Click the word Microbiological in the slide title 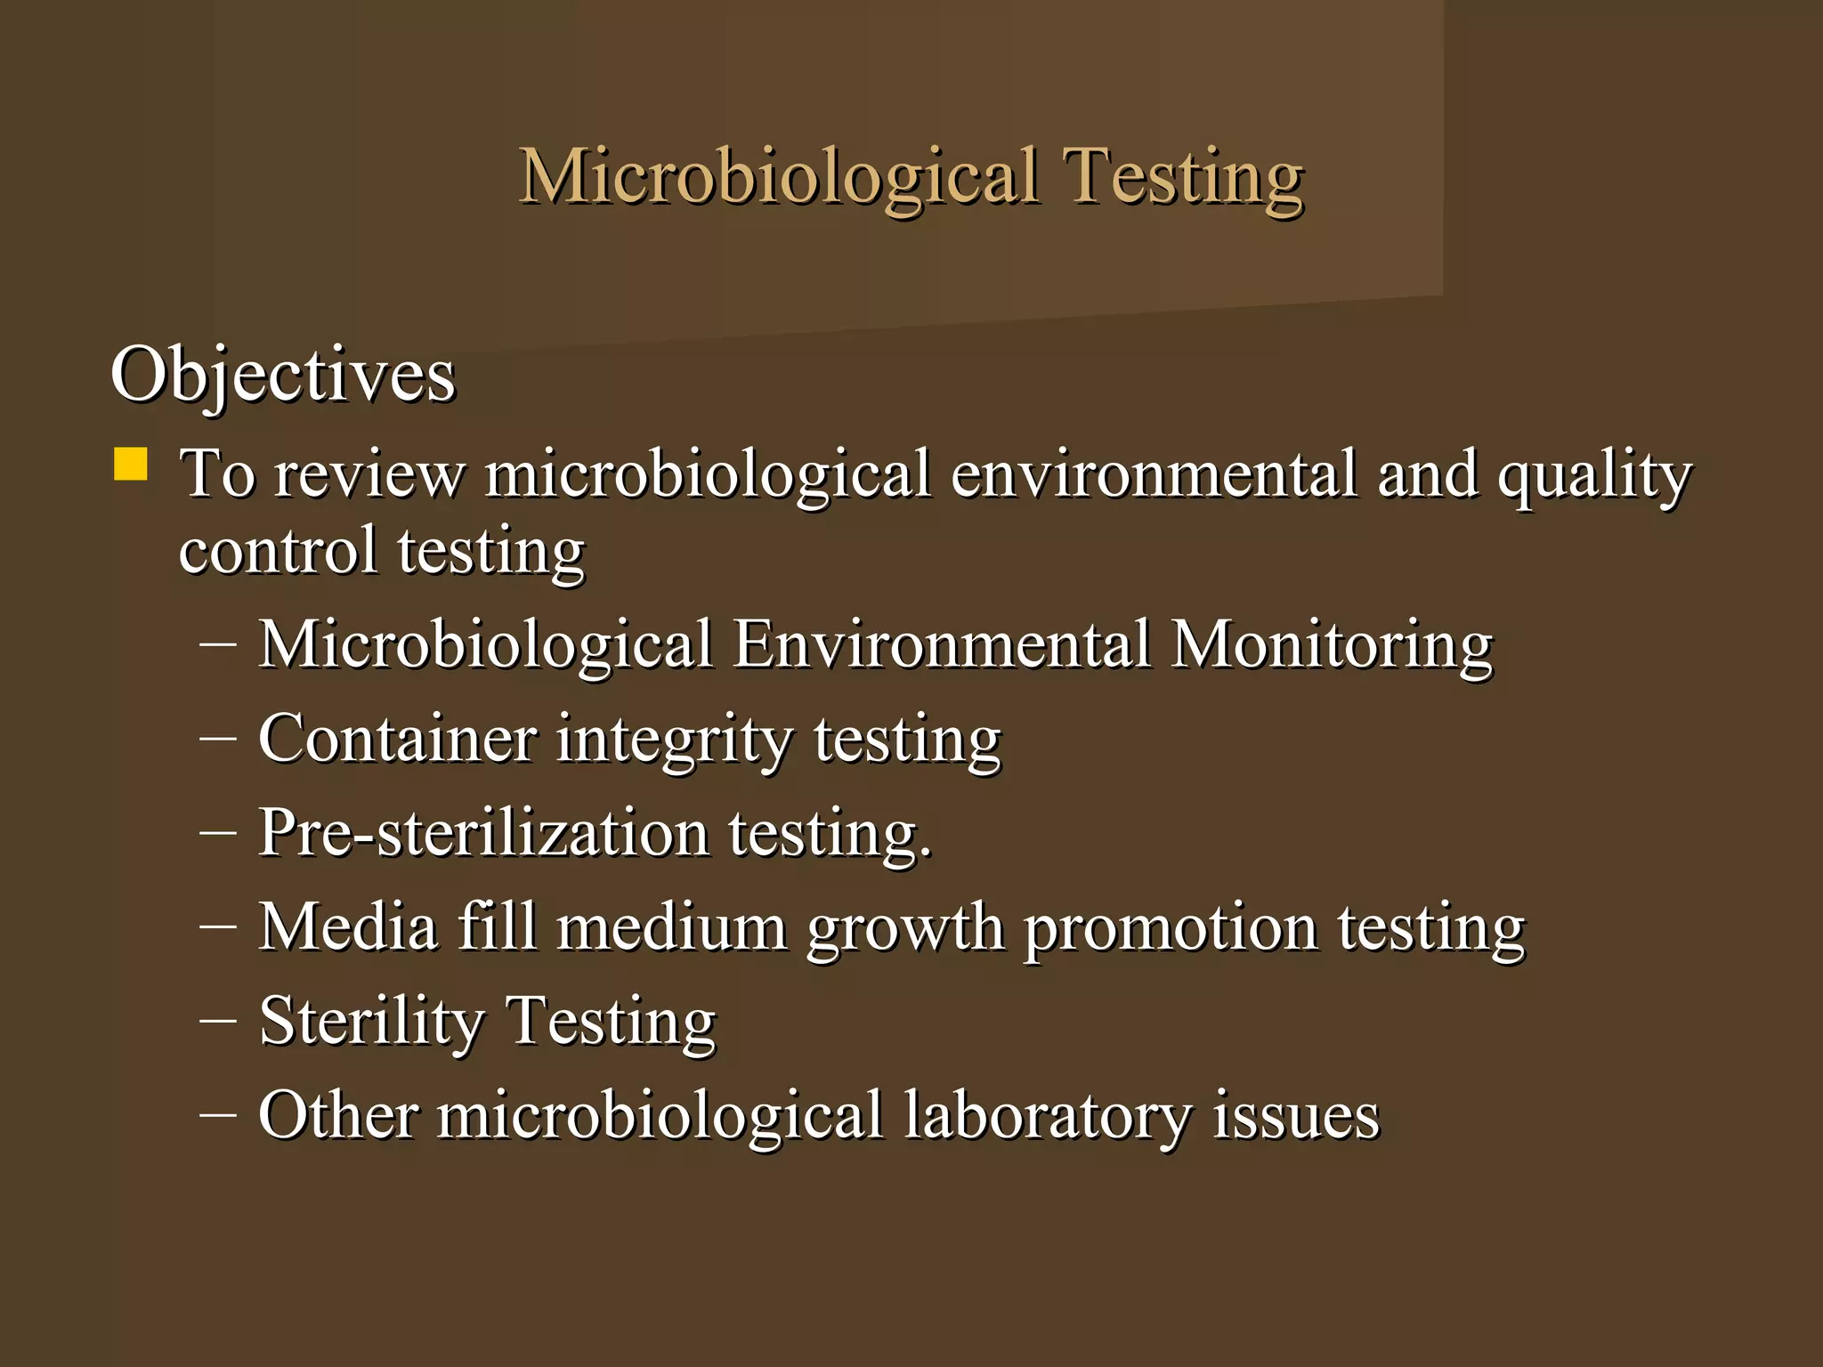(x=779, y=176)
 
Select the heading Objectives (x=282, y=375)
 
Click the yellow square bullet (x=131, y=465)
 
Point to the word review (x=369, y=473)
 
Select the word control (x=278, y=550)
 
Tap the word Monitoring (x=1331, y=644)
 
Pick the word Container (x=397, y=739)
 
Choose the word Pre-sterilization (x=483, y=833)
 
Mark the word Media (x=348, y=927)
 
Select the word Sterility (x=370, y=1022)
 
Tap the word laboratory (x=1048, y=1116)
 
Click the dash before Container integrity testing (x=218, y=739)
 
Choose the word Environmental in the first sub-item (x=942, y=644)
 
